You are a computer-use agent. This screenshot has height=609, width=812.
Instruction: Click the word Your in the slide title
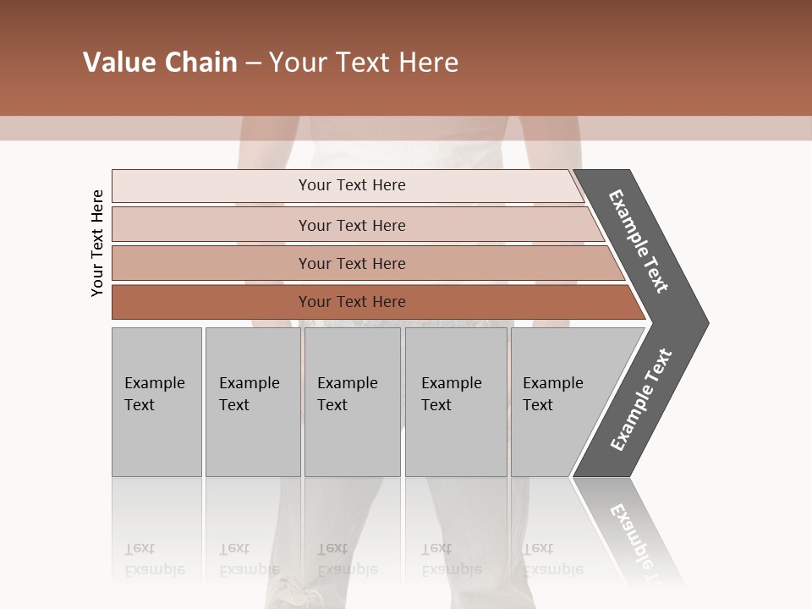click(x=297, y=63)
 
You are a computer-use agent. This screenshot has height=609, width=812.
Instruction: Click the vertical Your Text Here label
click(x=97, y=243)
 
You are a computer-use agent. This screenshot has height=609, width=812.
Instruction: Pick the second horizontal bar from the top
click(x=351, y=225)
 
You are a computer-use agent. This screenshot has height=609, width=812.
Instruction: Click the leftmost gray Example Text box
click(x=156, y=402)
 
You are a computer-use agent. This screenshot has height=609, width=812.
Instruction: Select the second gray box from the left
click(x=252, y=402)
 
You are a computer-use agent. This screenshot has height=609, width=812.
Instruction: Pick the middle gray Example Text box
click(x=352, y=402)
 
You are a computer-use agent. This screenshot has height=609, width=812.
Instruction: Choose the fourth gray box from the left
click(x=456, y=402)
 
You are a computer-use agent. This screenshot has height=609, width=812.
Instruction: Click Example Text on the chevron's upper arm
click(x=639, y=241)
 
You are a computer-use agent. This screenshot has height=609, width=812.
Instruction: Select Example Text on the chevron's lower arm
click(x=640, y=400)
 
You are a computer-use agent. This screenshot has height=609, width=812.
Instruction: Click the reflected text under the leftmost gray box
click(x=154, y=559)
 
